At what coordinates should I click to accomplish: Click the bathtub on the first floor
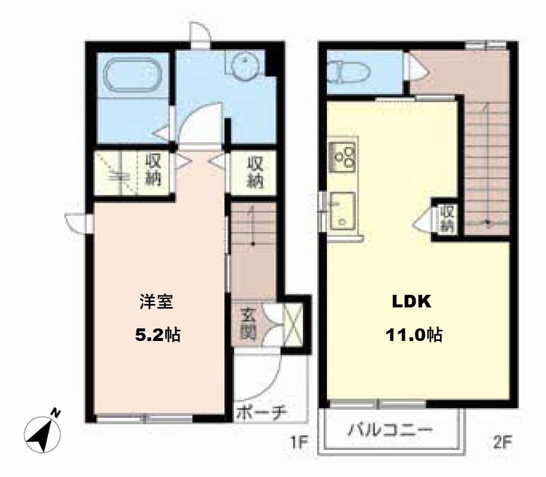133,76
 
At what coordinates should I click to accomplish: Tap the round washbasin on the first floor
245,65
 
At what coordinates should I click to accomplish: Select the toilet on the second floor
350,72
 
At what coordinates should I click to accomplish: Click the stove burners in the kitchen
343,157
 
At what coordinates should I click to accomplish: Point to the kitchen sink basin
342,212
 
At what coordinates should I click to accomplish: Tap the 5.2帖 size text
157,335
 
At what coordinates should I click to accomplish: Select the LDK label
411,301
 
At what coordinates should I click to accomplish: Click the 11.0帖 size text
414,335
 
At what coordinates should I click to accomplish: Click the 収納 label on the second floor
447,219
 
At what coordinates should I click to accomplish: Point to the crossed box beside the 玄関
293,325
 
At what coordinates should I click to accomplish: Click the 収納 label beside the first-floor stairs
255,172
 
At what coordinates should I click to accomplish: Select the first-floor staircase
253,250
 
